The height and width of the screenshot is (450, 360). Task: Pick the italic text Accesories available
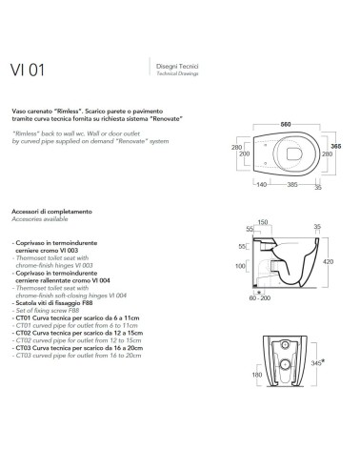[x=41, y=216]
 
